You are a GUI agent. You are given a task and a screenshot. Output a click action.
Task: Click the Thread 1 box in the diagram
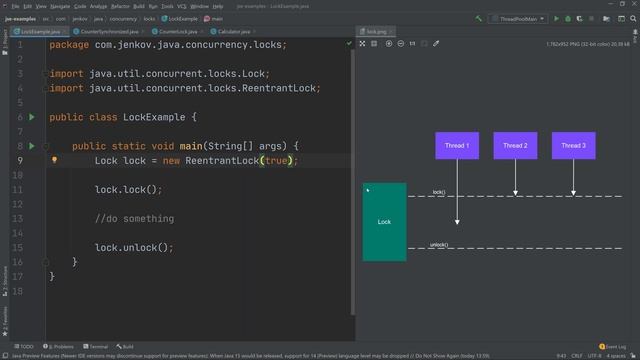(457, 146)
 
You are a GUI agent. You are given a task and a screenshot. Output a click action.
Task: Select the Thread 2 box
(515, 146)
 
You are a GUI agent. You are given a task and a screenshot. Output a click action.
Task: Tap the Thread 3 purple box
(573, 146)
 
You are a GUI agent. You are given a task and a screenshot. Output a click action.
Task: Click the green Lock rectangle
(384, 222)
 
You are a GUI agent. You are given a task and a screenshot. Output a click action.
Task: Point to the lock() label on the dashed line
(438, 192)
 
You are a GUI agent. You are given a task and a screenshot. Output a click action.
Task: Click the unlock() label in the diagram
(439, 245)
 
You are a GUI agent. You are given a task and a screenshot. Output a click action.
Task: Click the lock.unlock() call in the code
(134, 247)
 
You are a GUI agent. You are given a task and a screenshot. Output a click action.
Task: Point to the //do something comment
(134, 218)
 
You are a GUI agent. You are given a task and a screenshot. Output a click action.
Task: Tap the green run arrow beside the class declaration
(31, 117)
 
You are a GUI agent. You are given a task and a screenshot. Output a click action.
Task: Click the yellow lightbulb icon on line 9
(55, 160)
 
